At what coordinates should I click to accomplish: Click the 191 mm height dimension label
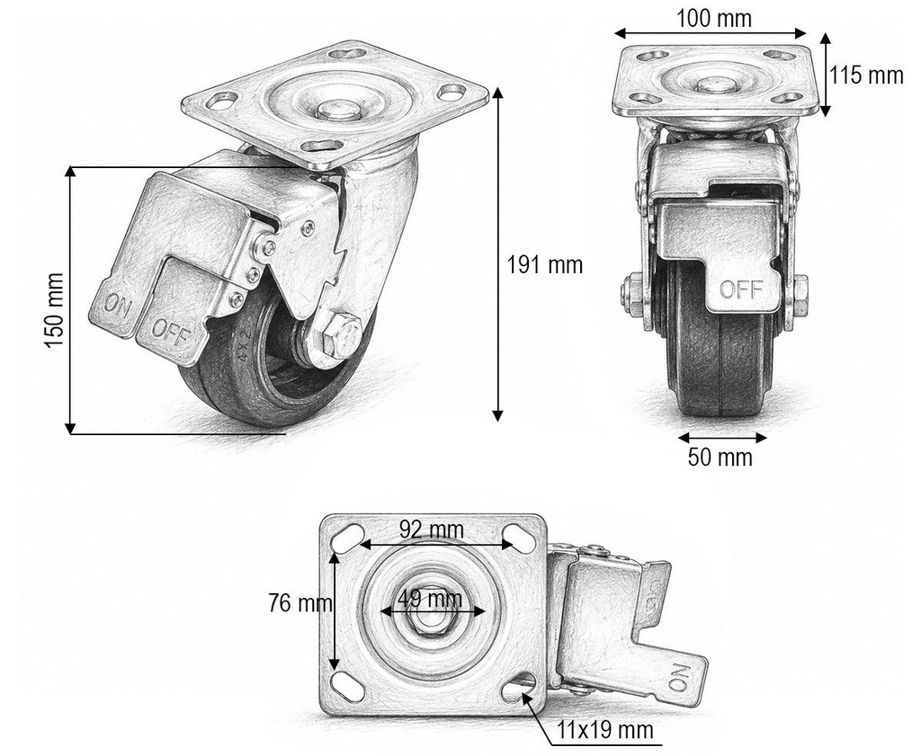coord(544,265)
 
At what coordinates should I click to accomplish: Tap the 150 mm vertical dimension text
coord(55,309)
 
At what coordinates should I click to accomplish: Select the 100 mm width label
coord(713,18)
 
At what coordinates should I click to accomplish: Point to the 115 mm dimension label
coord(866,76)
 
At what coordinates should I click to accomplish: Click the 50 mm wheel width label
coord(720,458)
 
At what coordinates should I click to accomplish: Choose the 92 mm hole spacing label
coord(432,529)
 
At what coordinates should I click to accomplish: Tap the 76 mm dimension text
coord(300,603)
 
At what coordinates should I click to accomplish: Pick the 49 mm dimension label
coord(429,600)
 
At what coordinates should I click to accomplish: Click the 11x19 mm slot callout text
coord(605,730)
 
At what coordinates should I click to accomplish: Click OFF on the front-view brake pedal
coord(741,289)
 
